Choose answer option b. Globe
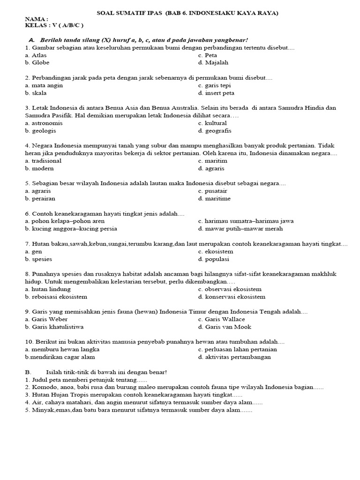tap(37, 62)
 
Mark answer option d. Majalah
tap(213, 62)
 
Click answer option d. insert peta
tap(216, 93)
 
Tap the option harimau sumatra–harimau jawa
tap(246, 221)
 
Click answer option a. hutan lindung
tap(47, 289)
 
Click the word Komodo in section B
tap(45, 387)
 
